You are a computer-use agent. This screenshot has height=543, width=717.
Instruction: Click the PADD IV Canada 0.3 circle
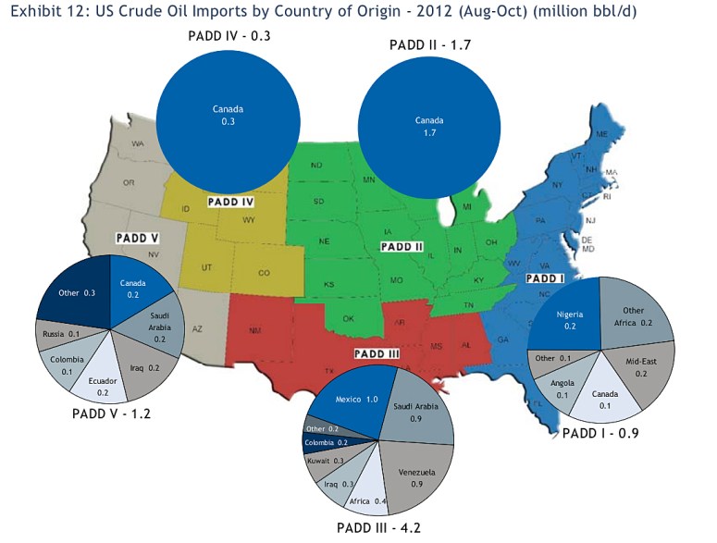coord(227,115)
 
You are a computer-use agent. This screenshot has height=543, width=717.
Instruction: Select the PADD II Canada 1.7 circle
coord(428,127)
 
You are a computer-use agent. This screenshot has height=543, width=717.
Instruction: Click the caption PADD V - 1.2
coord(111,414)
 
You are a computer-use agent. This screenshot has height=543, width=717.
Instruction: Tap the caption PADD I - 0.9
coord(600,432)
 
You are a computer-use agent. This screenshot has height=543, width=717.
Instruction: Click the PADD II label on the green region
coord(401,247)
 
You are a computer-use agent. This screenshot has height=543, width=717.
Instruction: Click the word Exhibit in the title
coord(36,14)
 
